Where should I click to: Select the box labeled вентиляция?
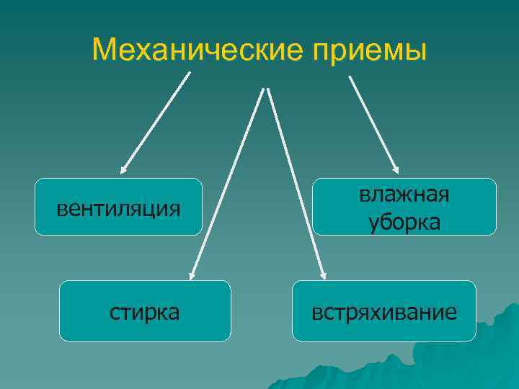pyautogui.click(x=118, y=207)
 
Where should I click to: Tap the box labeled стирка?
pyautogui.click(x=145, y=310)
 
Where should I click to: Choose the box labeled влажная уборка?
pyautogui.click(x=404, y=207)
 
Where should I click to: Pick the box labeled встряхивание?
pyautogui.click(x=384, y=310)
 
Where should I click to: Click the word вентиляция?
pyautogui.click(x=118, y=209)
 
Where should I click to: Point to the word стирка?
pyautogui.click(x=145, y=313)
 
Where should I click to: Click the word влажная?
pyautogui.click(x=404, y=195)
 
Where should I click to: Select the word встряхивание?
pyautogui.click(x=384, y=313)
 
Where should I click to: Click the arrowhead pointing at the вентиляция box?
pyautogui.click(x=123, y=170)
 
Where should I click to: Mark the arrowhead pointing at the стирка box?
pyautogui.click(x=192, y=274)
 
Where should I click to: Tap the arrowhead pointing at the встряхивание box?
pyautogui.click(x=324, y=274)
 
